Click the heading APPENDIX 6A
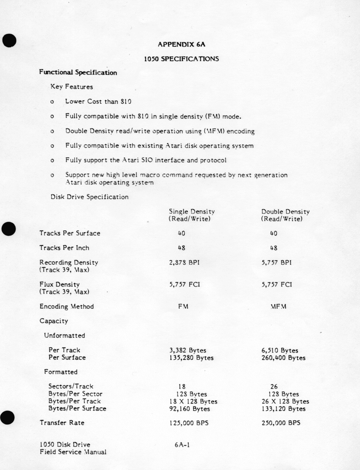tap(181, 44)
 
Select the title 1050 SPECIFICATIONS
tap(181, 59)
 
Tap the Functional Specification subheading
tap(78, 72)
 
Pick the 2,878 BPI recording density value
tap(184, 263)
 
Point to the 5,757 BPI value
tap(277, 263)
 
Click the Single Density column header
tap(192, 211)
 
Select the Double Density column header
tap(285, 211)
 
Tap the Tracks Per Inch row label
tap(64, 248)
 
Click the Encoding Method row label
tap(66, 306)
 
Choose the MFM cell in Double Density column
tap(278, 306)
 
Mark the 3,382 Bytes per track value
tap(188, 350)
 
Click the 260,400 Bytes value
tap(283, 358)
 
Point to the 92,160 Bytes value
tap(190, 409)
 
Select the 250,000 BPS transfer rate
tap(281, 423)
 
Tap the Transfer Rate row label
tap(62, 423)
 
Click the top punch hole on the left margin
tap(9, 40)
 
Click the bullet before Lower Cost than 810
tap(52, 102)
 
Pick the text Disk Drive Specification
tap(90, 197)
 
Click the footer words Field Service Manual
tap(73, 452)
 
